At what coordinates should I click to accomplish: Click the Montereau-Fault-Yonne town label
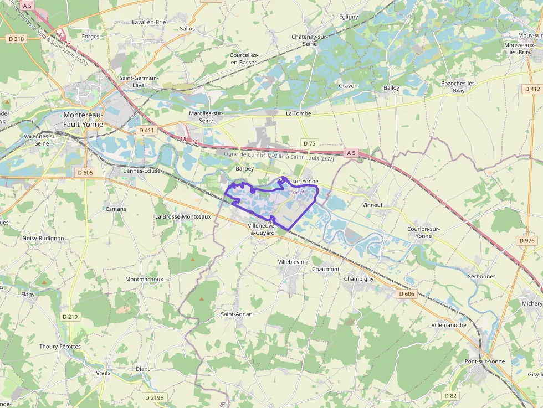pyautogui.click(x=83, y=120)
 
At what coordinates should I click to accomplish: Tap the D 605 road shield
pyautogui.click(x=85, y=173)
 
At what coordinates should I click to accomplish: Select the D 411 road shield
pyautogui.click(x=147, y=130)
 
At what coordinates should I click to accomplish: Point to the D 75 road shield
pyautogui.click(x=309, y=143)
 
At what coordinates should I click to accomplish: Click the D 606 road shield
pyautogui.click(x=406, y=293)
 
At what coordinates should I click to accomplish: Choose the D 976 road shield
pyautogui.click(x=527, y=241)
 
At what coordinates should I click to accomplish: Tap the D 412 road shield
pyautogui.click(x=531, y=89)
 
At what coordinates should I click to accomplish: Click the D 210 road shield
pyautogui.click(x=17, y=39)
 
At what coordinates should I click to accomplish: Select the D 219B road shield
pyautogui.click(x=155, y=397)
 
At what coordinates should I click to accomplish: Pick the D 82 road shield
pyautogui.click(x=450, y=396)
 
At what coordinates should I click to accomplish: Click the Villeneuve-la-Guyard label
pyautogui.click(x=262, y=229)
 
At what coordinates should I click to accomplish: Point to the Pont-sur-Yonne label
pyautogui.click(x=484, y=361)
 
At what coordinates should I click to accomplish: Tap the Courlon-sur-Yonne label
pyautogui.click(x=423, y=232)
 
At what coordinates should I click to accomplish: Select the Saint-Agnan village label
pyautogui.click(x=237, y=314)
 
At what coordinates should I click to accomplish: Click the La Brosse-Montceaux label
pyautogui.click(x=183, y=216)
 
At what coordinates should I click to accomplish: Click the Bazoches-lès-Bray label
pyautogui.click(x=459, y=87)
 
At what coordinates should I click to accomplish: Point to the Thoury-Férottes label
pyautogui.click(x=60, y=347)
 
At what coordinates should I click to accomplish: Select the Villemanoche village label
pyautogui.click(x=449, y=325)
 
